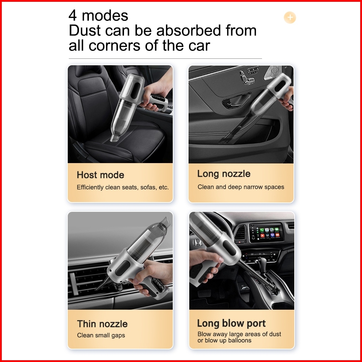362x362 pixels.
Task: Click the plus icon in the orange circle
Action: coord(290,18)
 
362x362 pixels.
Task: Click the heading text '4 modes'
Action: coord(98,15)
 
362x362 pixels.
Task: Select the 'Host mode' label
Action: coord(100,175)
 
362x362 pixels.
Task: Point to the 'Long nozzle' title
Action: coord(224,174)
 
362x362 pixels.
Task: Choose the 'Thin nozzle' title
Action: coord(102,324)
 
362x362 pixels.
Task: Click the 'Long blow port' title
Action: coord(231,323)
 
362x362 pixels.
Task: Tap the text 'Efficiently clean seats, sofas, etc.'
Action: coord(123,187)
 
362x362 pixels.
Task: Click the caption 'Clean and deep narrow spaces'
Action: coord(241,187)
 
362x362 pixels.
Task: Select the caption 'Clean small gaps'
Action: coord(101,335)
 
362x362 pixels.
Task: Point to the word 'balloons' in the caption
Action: coord(240,340)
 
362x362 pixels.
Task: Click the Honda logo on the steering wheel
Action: coord(197,242)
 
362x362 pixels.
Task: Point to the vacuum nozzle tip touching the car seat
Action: coord(114,138)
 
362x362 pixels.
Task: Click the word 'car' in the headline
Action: coord(199,46)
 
